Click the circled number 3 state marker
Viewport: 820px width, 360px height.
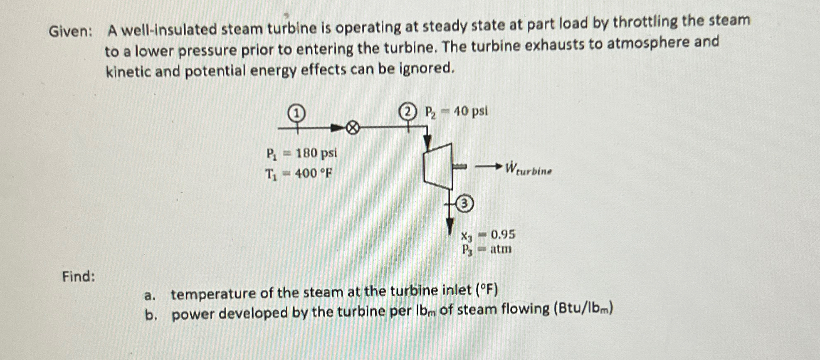pyautogui.click(x=465, y=204)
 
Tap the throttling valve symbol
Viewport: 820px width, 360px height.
pyautogui.click(x=352, y=128)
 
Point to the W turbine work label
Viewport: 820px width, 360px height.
pyautogui.click(x=528, y=169)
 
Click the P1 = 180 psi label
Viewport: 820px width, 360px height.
pyautogui.click(x=301, y=153)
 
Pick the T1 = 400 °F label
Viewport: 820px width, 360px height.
pyautogui.click(x=299, y=173)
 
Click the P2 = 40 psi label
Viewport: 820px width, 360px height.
pyautogui.click(x=456, y=111)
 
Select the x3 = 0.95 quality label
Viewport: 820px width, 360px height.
pyautogui.click(x=487, y=235)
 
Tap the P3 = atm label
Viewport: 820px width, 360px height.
pyautogui.click(x=487, y=249)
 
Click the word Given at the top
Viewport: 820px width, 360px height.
pyautogui.click(x=70, y=31)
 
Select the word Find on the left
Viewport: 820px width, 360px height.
pyautogui.click(x=79, y=276)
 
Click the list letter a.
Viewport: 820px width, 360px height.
pyautogui.click(x=150, y=296)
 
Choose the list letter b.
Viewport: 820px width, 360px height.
pyautogui.click(x=151, y=316)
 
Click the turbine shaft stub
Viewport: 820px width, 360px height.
pyautogui.click(x=459, y=167)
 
